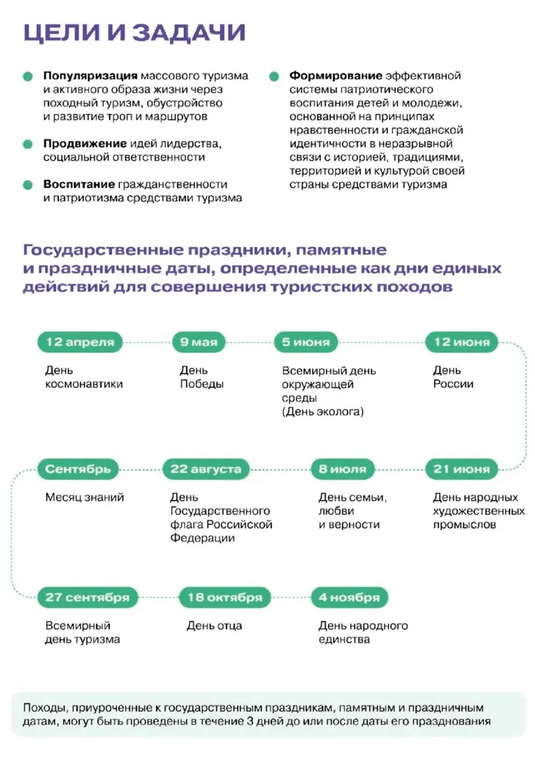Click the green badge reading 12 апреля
80,343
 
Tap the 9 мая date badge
199,343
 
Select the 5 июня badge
305,343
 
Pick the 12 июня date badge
457,343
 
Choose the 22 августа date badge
206,469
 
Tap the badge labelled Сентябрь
78,469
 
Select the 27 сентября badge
87,598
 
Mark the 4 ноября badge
349,598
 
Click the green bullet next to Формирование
274,76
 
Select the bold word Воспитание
78,184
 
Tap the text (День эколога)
323,412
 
